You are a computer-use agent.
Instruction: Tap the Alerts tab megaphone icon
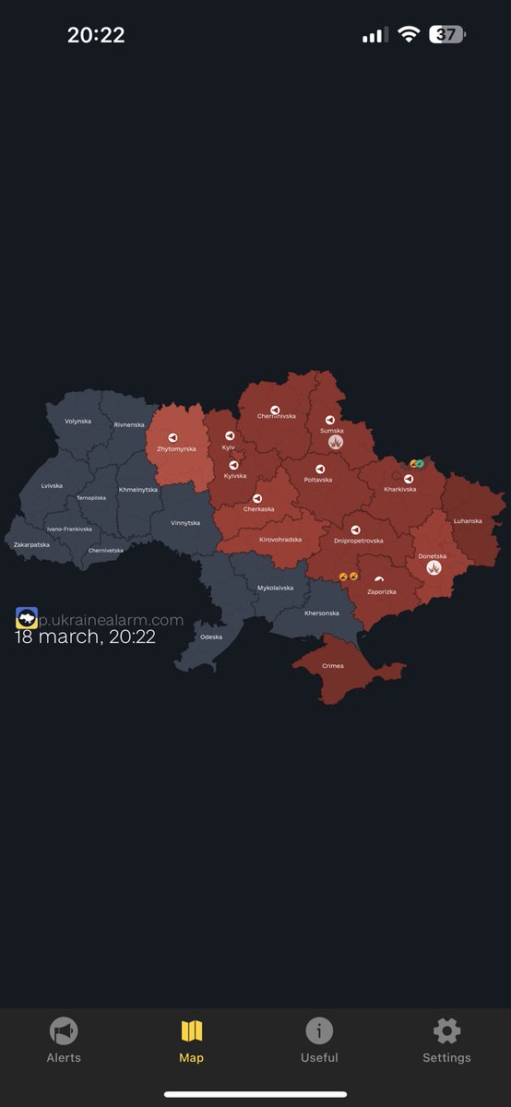(x=64, y=1031)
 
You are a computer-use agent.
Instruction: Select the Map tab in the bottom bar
(x=191, y=1031)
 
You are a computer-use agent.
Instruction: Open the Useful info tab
(x=319, y=1031)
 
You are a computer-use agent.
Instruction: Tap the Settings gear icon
(x=446, y=1031)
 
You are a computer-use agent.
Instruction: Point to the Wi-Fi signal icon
(x=408, y=35)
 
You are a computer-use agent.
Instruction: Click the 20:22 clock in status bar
(x=96, y=35)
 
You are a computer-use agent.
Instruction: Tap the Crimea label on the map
(x=332, y=666)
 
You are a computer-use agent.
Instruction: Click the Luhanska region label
(x=467, y=521)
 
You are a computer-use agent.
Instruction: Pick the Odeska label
(x=211, y=637)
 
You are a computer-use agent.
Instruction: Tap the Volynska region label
(x=77, y=421)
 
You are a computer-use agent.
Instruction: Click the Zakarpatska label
(x=31, y=545)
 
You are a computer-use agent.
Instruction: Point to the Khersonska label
(x=321, y=613)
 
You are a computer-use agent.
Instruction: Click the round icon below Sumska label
(x=336, y=443)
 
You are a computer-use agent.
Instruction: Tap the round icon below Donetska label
(x=433, y=569)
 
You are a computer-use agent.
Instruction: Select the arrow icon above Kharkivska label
(x=408, y=479)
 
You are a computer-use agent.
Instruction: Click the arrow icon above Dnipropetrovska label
(x=355, y=530)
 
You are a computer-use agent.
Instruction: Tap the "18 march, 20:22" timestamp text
(x=85, y=636)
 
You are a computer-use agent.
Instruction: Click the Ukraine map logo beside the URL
(x=26, y=618)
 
